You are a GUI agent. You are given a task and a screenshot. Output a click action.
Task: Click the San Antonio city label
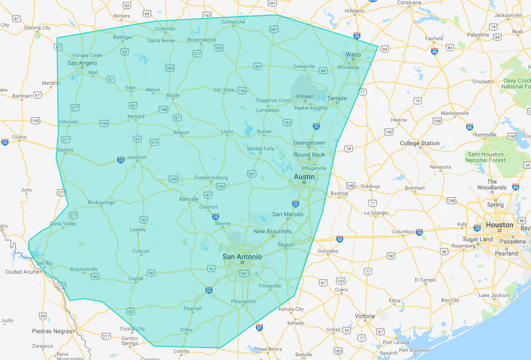(x=242, y=257)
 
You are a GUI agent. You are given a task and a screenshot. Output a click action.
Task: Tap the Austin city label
(x=304, y=176)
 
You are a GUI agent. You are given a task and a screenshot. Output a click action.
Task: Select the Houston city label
(x=499, y=225)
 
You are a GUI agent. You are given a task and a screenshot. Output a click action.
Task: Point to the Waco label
(x=353, y=55)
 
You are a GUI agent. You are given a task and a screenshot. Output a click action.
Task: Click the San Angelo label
(x=82, y=63)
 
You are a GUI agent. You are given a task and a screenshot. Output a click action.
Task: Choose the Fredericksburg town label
(x=211, y=178)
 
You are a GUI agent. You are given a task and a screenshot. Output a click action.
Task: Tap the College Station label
(x=419, y=143)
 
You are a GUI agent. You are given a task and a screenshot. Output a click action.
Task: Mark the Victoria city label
(x=365, y=316)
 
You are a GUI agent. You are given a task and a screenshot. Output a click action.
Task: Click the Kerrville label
(x=189, y=199)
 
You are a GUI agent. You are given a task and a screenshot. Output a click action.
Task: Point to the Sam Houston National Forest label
(x=485, y=157)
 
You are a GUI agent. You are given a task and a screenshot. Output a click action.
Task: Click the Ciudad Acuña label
(x=22, y=272)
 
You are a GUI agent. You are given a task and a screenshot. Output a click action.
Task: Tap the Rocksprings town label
(x=102, y=202)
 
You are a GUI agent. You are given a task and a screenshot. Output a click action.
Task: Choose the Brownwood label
(x=202, y=40)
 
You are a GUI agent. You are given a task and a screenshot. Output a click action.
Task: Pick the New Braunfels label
(x=273, y=231)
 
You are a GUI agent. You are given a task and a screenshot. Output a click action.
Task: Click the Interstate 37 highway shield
(x=260, y=327)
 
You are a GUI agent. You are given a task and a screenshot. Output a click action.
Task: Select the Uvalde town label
(x=136, y=279)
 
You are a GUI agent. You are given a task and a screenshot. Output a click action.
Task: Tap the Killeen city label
(x=305, y=96)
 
